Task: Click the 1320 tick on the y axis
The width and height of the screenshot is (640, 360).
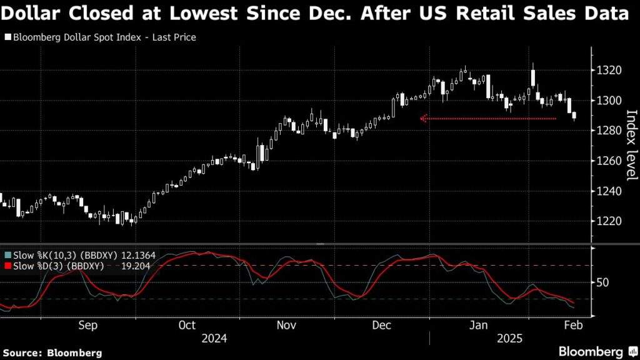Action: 607,70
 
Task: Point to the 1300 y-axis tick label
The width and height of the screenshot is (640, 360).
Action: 607,100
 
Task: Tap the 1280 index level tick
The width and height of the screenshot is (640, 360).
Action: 607,131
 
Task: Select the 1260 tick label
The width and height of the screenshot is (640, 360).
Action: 607,161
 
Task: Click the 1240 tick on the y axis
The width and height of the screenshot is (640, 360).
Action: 607,191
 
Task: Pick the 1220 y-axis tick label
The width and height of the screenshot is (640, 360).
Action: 607,221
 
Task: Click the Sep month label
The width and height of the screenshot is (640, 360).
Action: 87,325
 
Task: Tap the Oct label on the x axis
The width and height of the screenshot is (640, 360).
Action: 186,325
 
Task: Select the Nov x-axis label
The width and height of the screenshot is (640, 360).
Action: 286,325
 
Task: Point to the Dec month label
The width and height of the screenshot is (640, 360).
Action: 381,325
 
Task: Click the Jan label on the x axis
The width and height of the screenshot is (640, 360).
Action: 479,325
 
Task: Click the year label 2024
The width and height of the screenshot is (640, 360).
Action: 214,338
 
